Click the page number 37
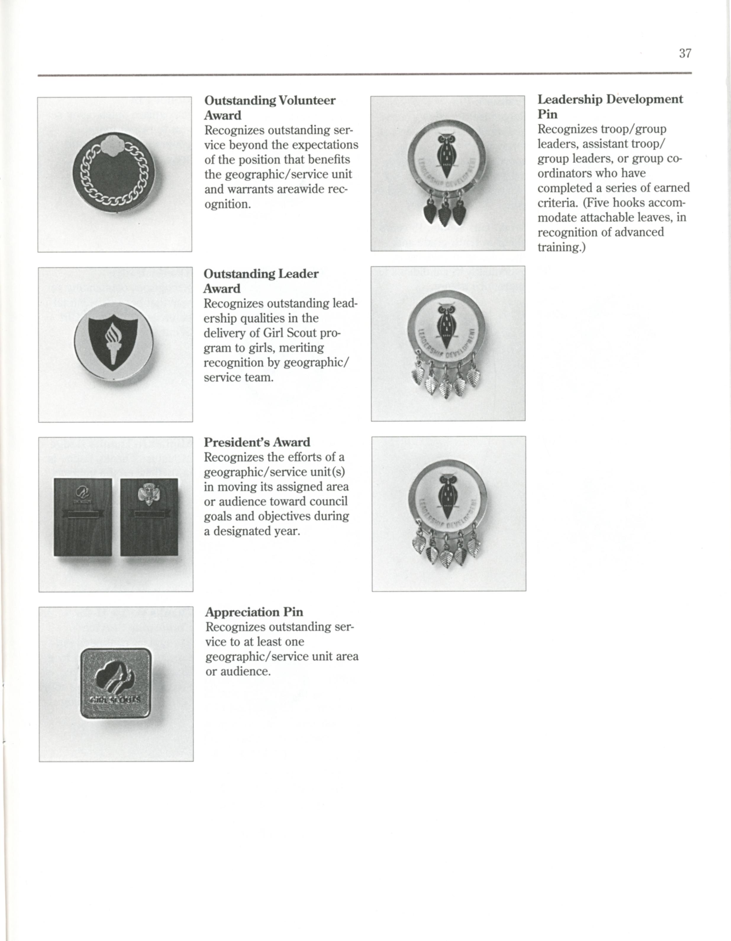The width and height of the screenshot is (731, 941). click(685, 54)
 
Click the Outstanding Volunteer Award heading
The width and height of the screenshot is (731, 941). click(270, 108)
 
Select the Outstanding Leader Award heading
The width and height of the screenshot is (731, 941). click(261, 281)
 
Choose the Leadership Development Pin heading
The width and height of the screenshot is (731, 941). click(609, 106)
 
